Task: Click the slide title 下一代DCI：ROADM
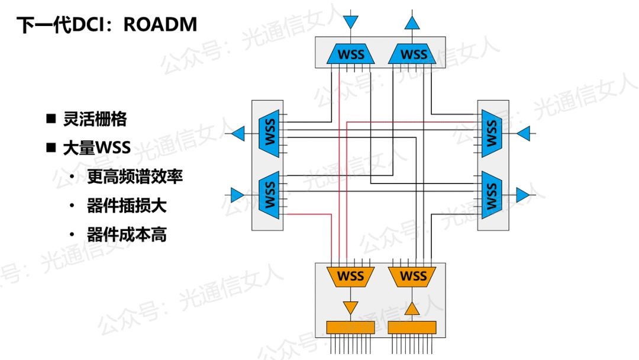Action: coord(106,25)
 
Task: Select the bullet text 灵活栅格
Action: coord(95,119)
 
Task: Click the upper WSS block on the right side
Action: coord(490,134)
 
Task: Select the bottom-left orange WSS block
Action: coord(351,276)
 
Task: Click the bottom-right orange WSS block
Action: coord(413,276)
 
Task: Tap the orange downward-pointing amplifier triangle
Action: coord(351,307)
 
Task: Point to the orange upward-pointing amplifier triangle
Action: coord(412,308)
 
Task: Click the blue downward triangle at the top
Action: coord(351,22)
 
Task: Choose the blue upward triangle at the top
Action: coord(412,22)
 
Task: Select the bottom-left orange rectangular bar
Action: coord(351,327)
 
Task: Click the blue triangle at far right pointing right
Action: coord(523,194)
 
